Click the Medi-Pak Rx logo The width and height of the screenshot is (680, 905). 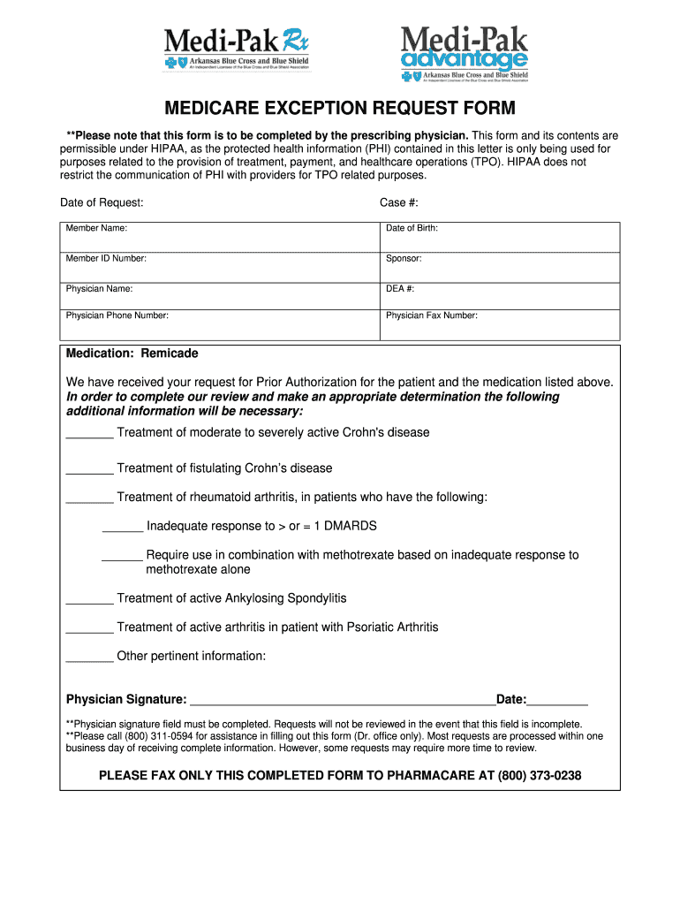[x=237, y=50]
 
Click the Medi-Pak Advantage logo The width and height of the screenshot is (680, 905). [x=465, y=53]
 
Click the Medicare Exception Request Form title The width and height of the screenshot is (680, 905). [x=340, y=110]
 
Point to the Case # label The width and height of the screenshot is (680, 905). [x=398, y=202]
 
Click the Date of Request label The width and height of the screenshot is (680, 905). [x=102, y=202]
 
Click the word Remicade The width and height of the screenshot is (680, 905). [x=170, y=354]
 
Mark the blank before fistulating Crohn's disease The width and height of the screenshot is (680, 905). [x=89, y=469]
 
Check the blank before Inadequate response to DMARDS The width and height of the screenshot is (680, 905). [x=123, y=528]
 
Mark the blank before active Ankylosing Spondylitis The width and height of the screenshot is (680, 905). [x=89, y=600]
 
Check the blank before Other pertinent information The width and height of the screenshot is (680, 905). [x=89, y=658]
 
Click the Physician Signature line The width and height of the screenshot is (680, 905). [x=342, y=700]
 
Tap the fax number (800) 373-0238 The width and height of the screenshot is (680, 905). [x=540, y=776]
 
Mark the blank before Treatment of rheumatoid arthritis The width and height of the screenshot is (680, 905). [x=89, y=498]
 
